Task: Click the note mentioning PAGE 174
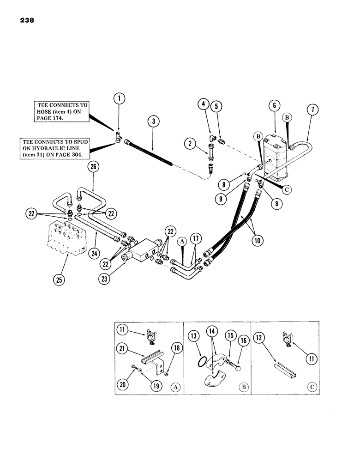click(60, 111)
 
